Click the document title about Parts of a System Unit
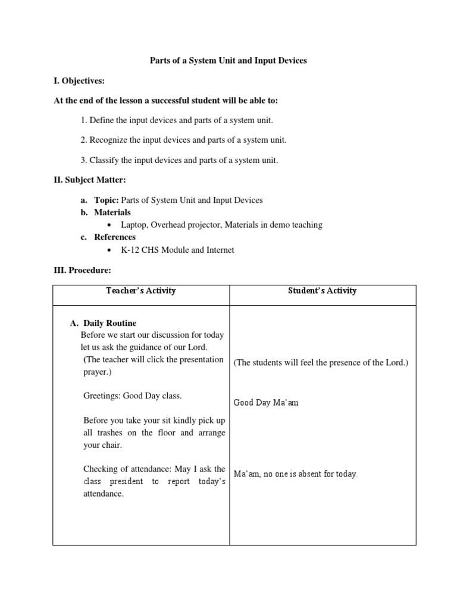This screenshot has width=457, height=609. click(228, 61)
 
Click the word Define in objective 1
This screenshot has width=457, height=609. click(102, 120)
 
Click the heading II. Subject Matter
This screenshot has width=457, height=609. click(90, 180)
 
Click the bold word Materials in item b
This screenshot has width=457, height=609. click(112, 212)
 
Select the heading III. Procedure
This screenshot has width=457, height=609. click(83, 270)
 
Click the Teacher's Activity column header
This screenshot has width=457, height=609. click(141, 291)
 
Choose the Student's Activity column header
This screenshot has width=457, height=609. click(323, 291)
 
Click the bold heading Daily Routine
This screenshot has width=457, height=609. click(110, 324)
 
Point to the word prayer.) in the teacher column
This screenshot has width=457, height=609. click(97, 372)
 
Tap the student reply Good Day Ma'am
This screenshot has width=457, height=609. click(266, 403)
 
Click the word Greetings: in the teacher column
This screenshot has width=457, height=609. click(102, 396)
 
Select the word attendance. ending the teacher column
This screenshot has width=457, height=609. click(104, 494)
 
